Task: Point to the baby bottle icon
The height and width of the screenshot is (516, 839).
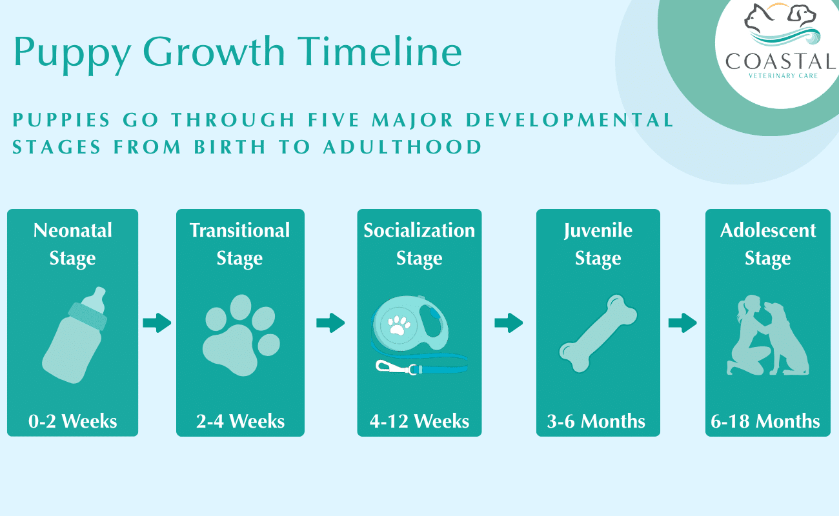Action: click(74, 335)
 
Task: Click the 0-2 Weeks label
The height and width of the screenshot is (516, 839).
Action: click(73, 422)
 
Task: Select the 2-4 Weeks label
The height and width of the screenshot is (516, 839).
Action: click(240, 422)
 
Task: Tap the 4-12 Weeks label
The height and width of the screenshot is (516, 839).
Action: click(419, 422)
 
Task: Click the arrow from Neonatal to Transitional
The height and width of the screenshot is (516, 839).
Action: click(157, 322)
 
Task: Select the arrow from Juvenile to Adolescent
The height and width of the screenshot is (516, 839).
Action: click(682, 322)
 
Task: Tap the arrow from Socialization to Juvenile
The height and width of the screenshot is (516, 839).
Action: click(509, 322)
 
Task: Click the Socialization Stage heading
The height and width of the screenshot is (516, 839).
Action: click(419, 244)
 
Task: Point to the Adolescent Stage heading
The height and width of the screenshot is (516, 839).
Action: click(768, 244)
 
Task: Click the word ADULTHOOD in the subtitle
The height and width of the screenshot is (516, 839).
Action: click(402, 146)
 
